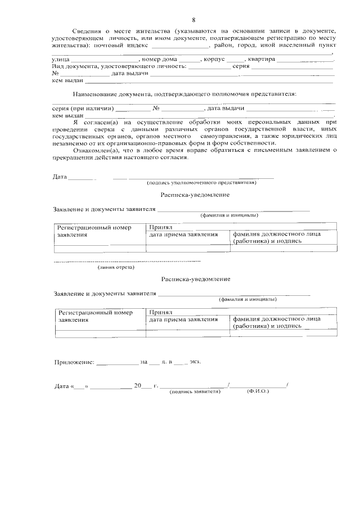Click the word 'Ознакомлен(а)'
94,150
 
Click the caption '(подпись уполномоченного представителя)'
201,183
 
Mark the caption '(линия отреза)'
115,267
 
